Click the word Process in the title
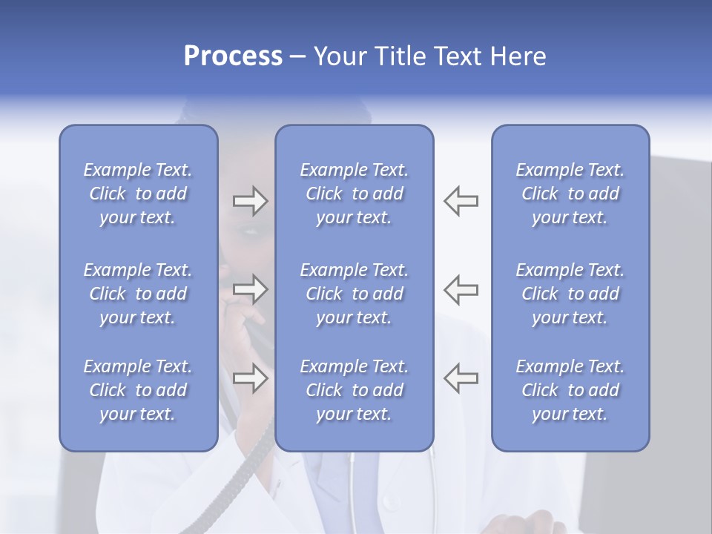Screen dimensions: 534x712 click(x=233, y=56)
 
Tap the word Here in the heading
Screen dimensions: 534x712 click(x=518, y=56)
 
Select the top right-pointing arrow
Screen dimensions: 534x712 click(x=250, y=201)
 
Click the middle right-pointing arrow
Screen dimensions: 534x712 click(x=250, y=289)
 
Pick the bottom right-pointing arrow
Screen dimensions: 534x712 click(x=250, y=378)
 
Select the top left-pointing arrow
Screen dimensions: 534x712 click(x=461, y=201)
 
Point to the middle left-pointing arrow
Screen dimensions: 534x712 click(x=461, y=289)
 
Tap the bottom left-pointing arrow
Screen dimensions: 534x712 click(x=461, y=378)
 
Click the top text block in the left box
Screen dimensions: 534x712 click(x=138, y=194)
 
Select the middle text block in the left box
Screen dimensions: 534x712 click(x=138, y=294)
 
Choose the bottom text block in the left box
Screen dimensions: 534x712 click(x=138, y=390)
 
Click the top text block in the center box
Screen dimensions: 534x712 click(x=355, y=194)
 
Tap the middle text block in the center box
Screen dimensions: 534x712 click(x=355, y=294)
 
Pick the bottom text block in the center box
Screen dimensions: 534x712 click(x=355, y=390)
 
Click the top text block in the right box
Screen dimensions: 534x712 click(x=570, y=194)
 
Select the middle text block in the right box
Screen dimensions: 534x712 click(x=570, y=294)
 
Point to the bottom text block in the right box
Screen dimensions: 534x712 click(x=570, y=390)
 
